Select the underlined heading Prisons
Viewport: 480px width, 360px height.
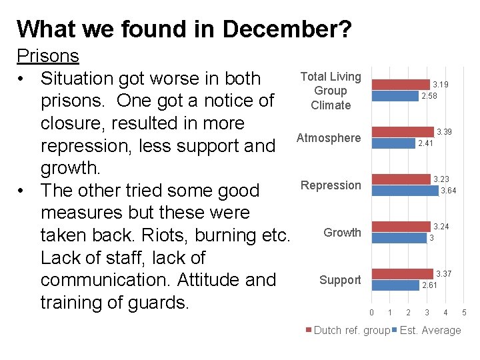pyautogui.click(x=48, y=55)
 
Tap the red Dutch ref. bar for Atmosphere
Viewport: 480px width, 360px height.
pyautogui.click(x=402, y=132)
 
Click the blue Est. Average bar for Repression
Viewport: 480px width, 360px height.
pyautogui.click(x=405, y=191)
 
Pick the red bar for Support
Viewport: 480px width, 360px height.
pyautogui.click(x=402, y=274)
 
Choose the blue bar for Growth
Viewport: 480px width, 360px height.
pyautogui.click(x=399, y=238)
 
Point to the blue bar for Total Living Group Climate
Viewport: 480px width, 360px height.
pyautogui.click(x=395, y=96)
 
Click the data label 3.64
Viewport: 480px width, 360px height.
pyautogui.click(x=448, y=191)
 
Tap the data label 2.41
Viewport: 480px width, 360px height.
pyautogui.click(x=425, y=143)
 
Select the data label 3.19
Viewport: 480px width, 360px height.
pyautogui.click(x=440, y=85)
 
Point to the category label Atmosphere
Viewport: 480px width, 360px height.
pyautogui.click(x=329, y=138)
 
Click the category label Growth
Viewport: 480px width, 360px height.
pyautogui.click(x=342, y=233)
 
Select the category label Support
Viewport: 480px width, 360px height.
pyautogui.click(x=340, y=280)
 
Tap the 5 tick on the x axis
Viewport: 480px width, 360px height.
pyautogui.click(x=465, y=313)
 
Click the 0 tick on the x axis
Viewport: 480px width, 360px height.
pyautogui.click(x=371, y=313)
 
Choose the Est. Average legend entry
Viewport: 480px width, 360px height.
pyautogui.click(x=429, y=331)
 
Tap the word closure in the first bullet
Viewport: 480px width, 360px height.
pyautogui.click(x=71, y=123)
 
